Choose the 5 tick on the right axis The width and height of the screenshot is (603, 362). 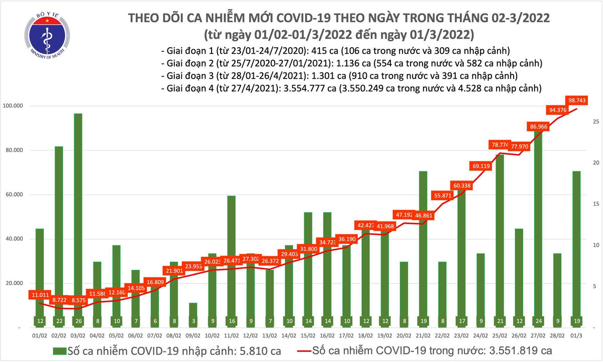tap(595, 286)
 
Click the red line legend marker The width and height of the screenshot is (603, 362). tap(296, 350)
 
